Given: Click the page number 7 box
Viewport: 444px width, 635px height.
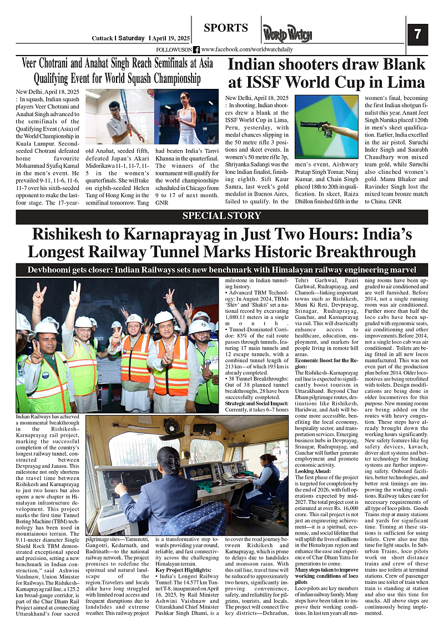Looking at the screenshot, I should [x=417, y=34].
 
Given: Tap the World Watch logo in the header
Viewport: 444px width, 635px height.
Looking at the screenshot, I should [x=287, y=34].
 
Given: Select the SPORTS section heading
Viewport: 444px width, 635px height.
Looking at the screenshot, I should [x=226, y=28].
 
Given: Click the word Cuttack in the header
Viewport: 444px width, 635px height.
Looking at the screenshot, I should [x=102, y=38].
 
